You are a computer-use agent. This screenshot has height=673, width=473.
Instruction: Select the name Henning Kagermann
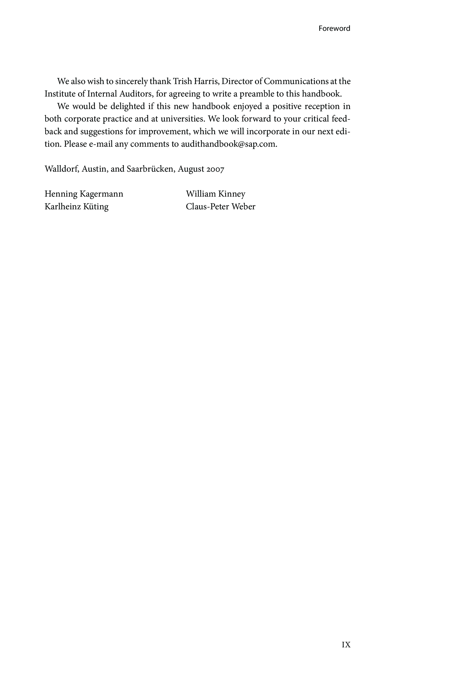[x=84, y=194]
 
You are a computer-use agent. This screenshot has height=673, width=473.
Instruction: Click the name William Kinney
[x=216, y=194]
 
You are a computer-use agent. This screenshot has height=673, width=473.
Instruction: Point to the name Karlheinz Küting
[x=77, y=207]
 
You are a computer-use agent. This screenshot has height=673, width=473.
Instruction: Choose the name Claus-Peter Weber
[x=220, y=207]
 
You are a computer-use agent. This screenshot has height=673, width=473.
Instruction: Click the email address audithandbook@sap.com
[x=228, y=144]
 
